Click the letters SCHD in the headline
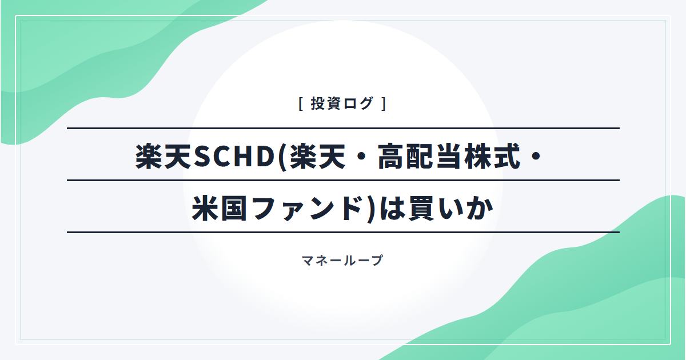(x=234, y=157)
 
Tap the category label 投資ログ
(x=342, y=103)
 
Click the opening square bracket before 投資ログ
(x=301, y=103)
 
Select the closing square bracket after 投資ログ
(x=384, y=103)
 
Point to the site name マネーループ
(x=342, y=261)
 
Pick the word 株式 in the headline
(x=492, y=157)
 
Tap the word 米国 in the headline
(x=220, y=209)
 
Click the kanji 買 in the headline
(x=421, y=209)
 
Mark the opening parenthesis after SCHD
(x=282, y=157)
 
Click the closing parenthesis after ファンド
(x=371, y=209)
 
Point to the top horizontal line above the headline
(x=344, y=128)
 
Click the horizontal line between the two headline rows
(x=344, y=181)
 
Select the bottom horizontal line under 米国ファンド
(x=344, y=233)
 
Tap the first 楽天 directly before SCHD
(x=163, y=157)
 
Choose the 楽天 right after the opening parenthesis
(x=318, y=157)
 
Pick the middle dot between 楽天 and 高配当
(x=362, y=157)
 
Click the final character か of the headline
(x=480, y=209)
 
